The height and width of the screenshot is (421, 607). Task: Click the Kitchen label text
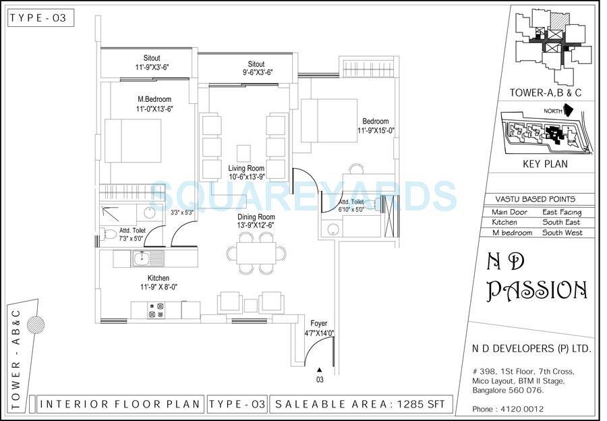pyautogui.click(x=158, y=278)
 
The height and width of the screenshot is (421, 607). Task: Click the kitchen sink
pyautogui.click(x=142, y=258)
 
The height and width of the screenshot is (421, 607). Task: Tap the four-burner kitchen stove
pyautogui.click(x=157, y=310)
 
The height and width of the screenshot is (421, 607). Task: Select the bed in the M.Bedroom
pyautogui.click(x=132, y=140)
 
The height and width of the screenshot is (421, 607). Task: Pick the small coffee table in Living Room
pyautogui.click(x=243, y=151)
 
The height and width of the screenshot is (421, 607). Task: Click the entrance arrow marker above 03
pyautogui.click(x=320, y=369)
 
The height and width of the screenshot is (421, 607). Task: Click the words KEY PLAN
pyautogui.click(x=545, y=164)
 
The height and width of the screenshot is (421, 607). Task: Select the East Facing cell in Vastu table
pyautogui.click(x=561, y=212)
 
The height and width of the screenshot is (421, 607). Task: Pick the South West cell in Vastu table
pyautogui.click(x=561, y=233)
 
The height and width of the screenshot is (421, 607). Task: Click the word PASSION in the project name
pyautogui.click(x=537, y=290)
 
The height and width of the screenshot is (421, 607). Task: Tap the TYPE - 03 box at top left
pyautogui.click(x=39, y=18)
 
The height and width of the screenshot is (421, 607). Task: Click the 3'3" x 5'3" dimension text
pyautogui.click(x=182, y=213)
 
